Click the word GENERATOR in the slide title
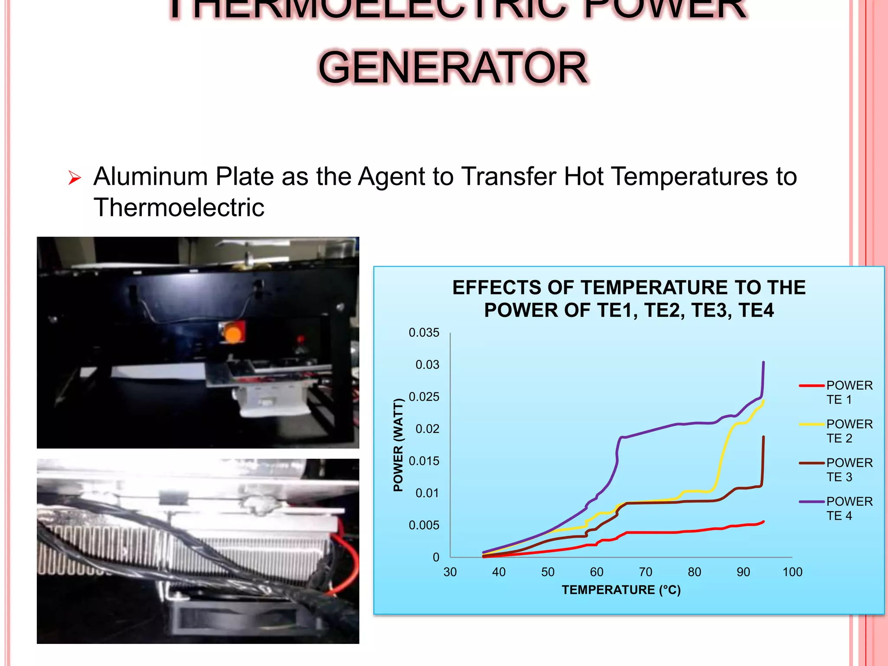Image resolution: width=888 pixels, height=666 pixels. (x=453, y=68)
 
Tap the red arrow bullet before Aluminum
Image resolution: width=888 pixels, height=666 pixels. (x=75, y=178)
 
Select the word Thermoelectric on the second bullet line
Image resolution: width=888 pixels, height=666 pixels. (x=179, y=207)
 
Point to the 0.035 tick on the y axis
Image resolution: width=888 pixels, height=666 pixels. (x=424, y=333)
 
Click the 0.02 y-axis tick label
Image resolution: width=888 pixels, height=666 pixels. (x=427, y=429)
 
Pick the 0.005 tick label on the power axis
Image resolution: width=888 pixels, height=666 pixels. (x=424, y=525)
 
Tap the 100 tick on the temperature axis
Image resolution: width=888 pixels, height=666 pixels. (x=792, y=572)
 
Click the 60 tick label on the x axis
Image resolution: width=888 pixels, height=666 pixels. (x=597, y=572)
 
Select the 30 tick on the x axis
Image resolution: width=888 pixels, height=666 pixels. (x=450, y=572)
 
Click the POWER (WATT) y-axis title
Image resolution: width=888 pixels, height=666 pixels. (x=398, y=445)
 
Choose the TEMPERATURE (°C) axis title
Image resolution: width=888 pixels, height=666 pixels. (x=621, y=590)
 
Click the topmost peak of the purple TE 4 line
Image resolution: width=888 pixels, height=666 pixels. (x=763, y=362)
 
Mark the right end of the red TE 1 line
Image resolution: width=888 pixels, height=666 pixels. (x=763, y=522)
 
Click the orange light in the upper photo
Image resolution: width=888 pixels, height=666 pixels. (x=233, y=334)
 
